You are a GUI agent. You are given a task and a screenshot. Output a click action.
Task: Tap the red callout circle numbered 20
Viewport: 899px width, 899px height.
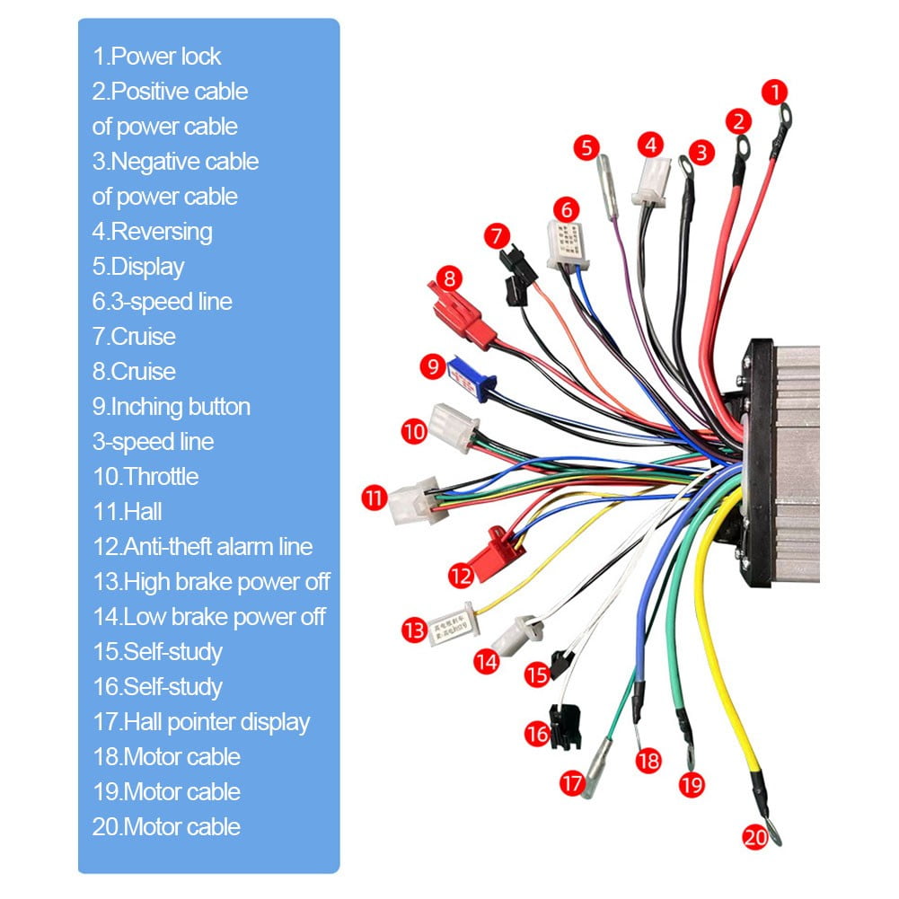(755, 837)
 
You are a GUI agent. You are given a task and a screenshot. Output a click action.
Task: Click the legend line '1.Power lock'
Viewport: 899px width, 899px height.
(157, 57)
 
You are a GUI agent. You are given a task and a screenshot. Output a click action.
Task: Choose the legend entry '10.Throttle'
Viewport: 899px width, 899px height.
(145, 477)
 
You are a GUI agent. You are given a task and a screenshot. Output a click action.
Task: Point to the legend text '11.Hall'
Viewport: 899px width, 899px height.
(128, 512)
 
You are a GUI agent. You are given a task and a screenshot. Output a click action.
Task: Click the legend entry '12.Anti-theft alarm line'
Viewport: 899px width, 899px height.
(203, 547)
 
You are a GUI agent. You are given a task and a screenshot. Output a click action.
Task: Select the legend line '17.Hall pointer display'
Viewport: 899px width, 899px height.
(201, 722)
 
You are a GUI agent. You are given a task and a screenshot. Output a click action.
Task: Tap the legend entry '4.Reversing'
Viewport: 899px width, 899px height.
(153, 232)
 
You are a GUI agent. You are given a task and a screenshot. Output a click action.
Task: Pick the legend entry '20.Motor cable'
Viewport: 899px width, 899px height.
(166, 827)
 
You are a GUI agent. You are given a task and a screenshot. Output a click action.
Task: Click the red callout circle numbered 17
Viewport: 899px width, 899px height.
(572, 782)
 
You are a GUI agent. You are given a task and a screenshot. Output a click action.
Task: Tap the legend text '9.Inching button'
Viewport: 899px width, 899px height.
(172, 407)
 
